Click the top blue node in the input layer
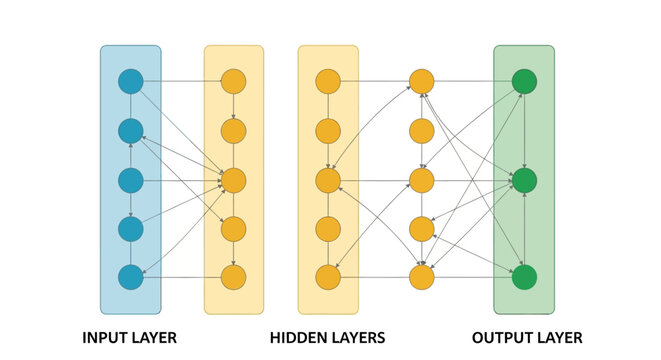pyautogui.click(x=131, y=81)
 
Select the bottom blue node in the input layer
pyautogui.click(x=131, y=277)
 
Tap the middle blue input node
pyautogui.click(x=131, y=180)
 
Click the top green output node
pyautogui.click(x=523, y=81)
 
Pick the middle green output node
pyautogui.click(x=523, y=180)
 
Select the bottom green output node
pyautogui.click(x=523, y=277)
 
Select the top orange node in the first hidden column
pyautogui.click(x=233, y=81)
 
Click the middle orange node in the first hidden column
pyautogui.click(x=233, y=180)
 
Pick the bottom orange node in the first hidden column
pyautogui.click(x=233, y=277)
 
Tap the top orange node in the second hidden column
pyautogui.click(x=328, y=81)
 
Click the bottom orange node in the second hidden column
pyautogui.click(x=328, y=277)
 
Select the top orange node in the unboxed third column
pyautogui.click(x=422, y=81)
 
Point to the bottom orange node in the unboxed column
pyautogui.click(x=422, y=277)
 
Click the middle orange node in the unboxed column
pyautogui.click(x=422, y=180)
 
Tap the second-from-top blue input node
pyautogui.click(x=131, y=131)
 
